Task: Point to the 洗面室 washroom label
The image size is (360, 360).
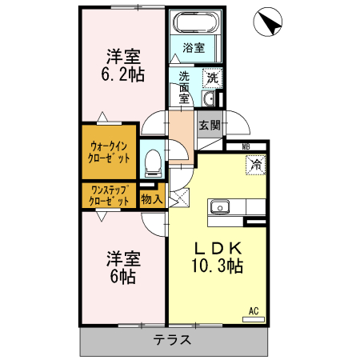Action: click(x=184, y=86)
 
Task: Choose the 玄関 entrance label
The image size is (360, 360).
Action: click(x=210, y=125)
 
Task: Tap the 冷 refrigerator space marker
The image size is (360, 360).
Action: click(x=256, y=166)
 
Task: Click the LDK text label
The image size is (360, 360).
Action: click(x=217, y=246)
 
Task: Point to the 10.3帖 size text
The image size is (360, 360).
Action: click(x=217, y=265)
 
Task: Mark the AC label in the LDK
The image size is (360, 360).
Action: click(x=254, y=310)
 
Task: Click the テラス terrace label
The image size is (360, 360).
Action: click(x=173, y=339)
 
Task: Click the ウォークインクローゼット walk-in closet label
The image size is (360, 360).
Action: click(x=110, y=151)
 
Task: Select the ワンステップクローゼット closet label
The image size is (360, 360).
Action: click(x=110, y=195)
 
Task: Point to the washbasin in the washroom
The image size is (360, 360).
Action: click(x=209, y=99)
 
